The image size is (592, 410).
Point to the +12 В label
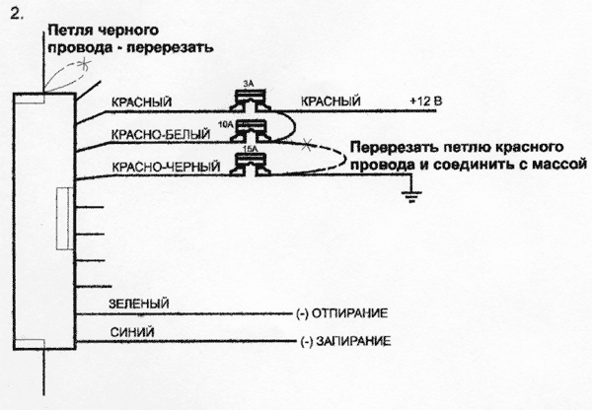click(x=426, y=101)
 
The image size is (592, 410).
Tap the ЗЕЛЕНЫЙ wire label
click(x=136, y=303)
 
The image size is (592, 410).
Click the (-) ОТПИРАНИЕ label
click(x=340, y=313)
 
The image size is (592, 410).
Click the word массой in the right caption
click(x=561, y=158)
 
